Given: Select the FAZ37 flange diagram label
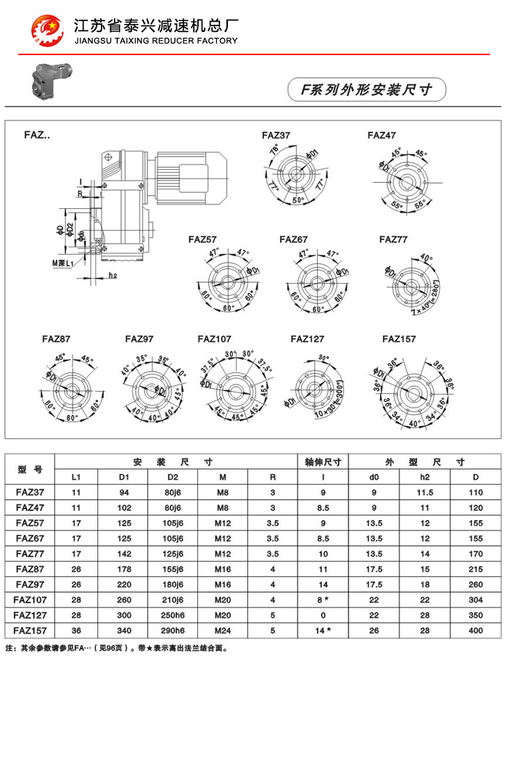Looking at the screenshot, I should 276,136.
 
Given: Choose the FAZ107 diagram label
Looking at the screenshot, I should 214,339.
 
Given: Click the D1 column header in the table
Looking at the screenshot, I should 124,477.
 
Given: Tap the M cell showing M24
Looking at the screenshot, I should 223,631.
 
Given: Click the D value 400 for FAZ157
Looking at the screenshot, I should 475,631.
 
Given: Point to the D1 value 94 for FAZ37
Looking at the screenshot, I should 124,493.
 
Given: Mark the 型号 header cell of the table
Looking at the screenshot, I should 30,469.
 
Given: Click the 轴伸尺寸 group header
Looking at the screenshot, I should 324,462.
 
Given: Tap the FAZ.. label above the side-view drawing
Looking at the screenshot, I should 37,136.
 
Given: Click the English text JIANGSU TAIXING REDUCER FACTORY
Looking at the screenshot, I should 156,41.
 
